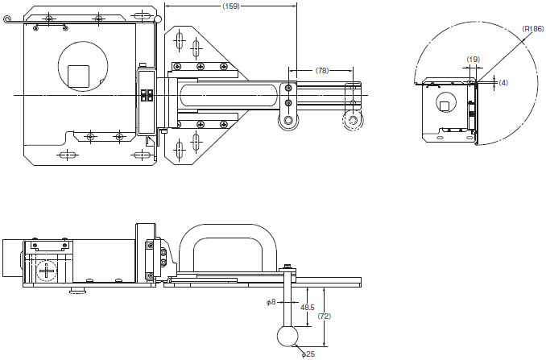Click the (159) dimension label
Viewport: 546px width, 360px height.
[231, 6]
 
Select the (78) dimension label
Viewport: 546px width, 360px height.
[322, 70]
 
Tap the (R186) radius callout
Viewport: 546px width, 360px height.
[533, 29]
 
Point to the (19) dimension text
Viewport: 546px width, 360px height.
[473, 59]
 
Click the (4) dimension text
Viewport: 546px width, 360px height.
[503, 82]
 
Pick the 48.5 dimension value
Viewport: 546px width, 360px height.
[307, 307]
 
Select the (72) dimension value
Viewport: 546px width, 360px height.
[325, 317]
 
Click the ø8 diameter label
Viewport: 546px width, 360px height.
[271, 302]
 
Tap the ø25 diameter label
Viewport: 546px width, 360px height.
[308, 354]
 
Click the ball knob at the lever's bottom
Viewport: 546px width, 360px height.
[287, 337]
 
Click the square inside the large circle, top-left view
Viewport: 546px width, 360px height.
[78, 76]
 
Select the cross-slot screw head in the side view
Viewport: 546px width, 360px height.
[47, 271]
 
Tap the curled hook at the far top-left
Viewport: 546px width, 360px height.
[6, 19]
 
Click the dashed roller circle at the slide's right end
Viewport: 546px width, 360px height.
[353, 121]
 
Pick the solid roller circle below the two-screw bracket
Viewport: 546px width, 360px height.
[288, 121]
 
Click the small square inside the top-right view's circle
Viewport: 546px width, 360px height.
[444, 106]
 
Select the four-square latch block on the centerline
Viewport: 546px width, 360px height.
[147, 95]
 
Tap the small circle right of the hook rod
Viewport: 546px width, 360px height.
[158, 19]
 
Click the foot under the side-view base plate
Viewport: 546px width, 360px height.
[77, 290]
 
